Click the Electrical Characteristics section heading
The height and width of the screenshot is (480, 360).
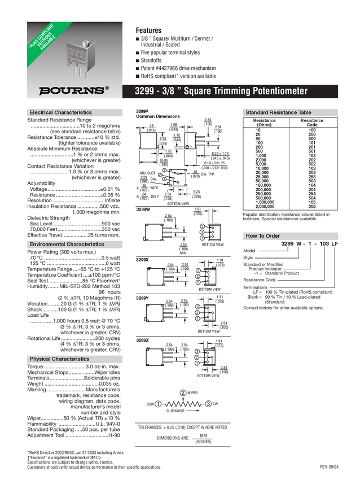tap(60, 112)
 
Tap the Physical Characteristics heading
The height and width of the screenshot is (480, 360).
tap(59, 359)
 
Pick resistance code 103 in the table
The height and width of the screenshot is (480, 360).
tap(311, 168)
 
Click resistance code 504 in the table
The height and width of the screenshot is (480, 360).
tap(311, 198)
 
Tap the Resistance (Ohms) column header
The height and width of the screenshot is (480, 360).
tap(264, 123)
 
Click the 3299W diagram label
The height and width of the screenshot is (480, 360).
tap(144, 209)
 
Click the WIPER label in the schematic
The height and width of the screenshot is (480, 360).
tap(192, 392)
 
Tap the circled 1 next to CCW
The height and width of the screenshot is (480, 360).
tap(158, 404)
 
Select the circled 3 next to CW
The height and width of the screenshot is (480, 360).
tap(208, 404)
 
